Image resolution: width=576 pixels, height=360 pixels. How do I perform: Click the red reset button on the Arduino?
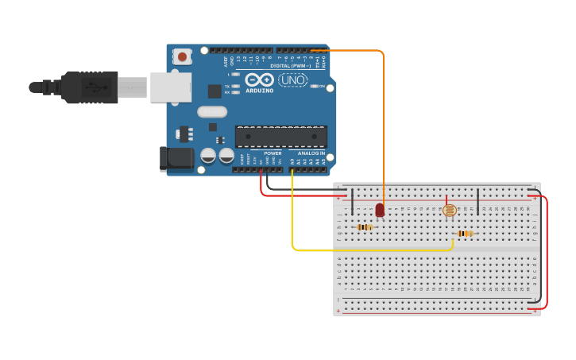tap(183, 56)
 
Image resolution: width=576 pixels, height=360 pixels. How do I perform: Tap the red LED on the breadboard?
tap(380, 210)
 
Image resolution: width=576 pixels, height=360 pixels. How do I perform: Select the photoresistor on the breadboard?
tap(449, 210)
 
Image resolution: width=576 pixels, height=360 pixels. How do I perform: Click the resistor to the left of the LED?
tap(365, 227)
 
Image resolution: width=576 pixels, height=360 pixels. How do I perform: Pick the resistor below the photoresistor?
tap(465, 233)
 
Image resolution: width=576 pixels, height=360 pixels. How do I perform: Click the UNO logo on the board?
tap(292, 79)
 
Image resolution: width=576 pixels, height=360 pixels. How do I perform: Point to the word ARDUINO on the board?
tap(260, 91)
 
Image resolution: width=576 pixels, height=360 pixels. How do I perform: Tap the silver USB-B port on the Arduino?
tap(171, 87)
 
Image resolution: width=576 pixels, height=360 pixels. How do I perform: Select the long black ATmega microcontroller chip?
tap(280, 136)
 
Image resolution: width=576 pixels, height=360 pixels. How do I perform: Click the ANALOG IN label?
tap(311, 153)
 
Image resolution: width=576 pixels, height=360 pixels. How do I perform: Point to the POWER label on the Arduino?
tap(273, 153)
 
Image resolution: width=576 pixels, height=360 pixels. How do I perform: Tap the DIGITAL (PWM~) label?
tap(290, 66)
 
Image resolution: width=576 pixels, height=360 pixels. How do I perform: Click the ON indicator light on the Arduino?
tap(315, 86)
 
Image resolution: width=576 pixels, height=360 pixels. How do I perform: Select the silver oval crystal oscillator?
tap(212, 112)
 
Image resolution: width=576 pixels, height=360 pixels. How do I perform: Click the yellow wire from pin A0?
tap(292, 215)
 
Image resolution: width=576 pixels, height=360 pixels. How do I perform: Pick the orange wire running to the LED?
tap(384, 119)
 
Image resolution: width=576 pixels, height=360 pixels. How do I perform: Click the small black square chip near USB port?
tap(215, 91)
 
